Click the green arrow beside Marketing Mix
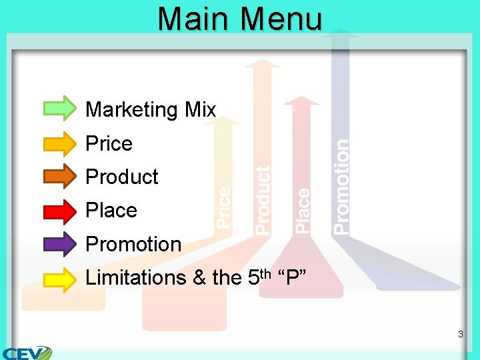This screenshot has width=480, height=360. [x=60, y=108]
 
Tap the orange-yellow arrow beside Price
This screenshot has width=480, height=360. [x=60, y=142]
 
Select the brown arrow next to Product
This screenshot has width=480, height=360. [x=60, y=176]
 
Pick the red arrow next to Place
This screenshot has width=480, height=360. [x=60, y=210]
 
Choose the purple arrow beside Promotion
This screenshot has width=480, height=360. [x=60, y=244]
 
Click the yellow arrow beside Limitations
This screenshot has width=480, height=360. [x=60, y=278]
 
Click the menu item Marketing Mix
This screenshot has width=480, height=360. [x=151, y=109]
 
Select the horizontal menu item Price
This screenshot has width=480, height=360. [x=109, y=143]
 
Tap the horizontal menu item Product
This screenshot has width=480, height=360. [x=122, y=177]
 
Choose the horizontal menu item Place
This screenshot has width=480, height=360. [x=111, y=210]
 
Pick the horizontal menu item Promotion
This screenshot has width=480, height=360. [x=133, y=244]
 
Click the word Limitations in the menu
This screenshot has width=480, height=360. [x=135, y=277]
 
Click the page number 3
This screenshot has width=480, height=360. [x=460, y=333]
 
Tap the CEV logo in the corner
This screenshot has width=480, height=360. [x=27, y=351]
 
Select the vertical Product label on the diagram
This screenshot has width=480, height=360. [x=263, y=200]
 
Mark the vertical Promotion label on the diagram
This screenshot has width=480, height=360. [x=341, y=186]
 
